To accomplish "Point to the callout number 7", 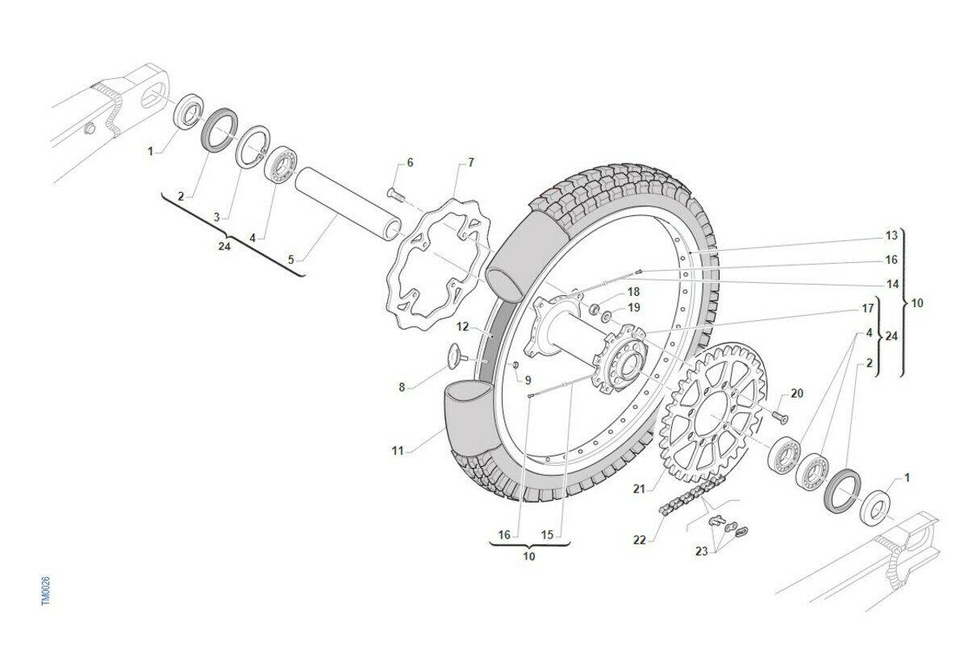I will click(470, 163).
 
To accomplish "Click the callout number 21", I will click(639, 489).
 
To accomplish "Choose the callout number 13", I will click(891, 235).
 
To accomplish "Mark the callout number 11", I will click(397, 452).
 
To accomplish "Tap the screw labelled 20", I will click(780, 414).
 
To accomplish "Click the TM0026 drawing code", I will click(46, 591).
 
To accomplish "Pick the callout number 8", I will click(402, 387).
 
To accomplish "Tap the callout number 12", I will click(462, 327).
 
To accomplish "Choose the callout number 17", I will click(868, 308).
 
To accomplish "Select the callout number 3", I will click(216, 217).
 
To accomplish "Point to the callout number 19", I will click(633, 307).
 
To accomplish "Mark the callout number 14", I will click(892, 284).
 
